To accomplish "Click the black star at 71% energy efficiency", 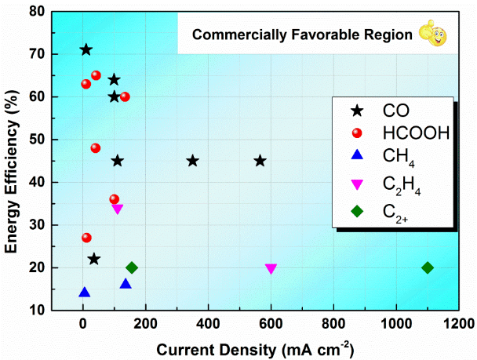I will (x=86, y=50).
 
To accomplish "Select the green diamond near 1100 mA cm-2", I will (x=428, y=267).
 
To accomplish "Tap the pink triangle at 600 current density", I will (x=271, y=269).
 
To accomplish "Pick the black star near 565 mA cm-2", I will (x=260, y=161).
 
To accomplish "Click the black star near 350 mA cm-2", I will (x=193, y=161).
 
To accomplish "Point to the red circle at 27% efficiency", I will (x=86, y=238).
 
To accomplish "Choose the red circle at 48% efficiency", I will (x=96, y=148).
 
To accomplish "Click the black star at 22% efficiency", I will (x=94, y=259).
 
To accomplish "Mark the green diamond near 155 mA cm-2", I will (x=132, y=267).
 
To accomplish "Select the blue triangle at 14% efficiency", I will (x=85, y=293).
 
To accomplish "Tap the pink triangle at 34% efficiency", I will (x=118, y=209).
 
